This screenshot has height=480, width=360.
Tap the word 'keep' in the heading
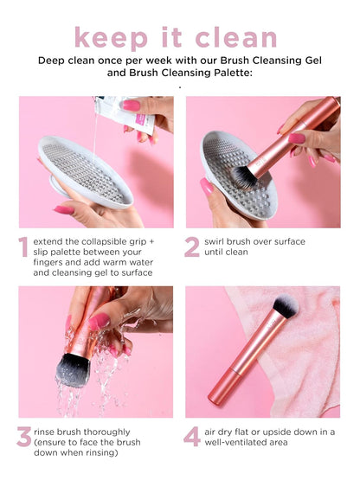pos(109,38)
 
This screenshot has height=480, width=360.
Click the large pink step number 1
pos(23,247)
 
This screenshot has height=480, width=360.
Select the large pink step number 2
pos(191,247)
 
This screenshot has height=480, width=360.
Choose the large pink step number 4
pos(191,437)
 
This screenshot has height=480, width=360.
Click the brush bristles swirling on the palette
pos(245,176)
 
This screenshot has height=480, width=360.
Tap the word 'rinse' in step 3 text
pos(48,430)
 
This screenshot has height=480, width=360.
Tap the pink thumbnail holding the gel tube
pos(131,105)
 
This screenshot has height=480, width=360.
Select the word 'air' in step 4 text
pos(213,430)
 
